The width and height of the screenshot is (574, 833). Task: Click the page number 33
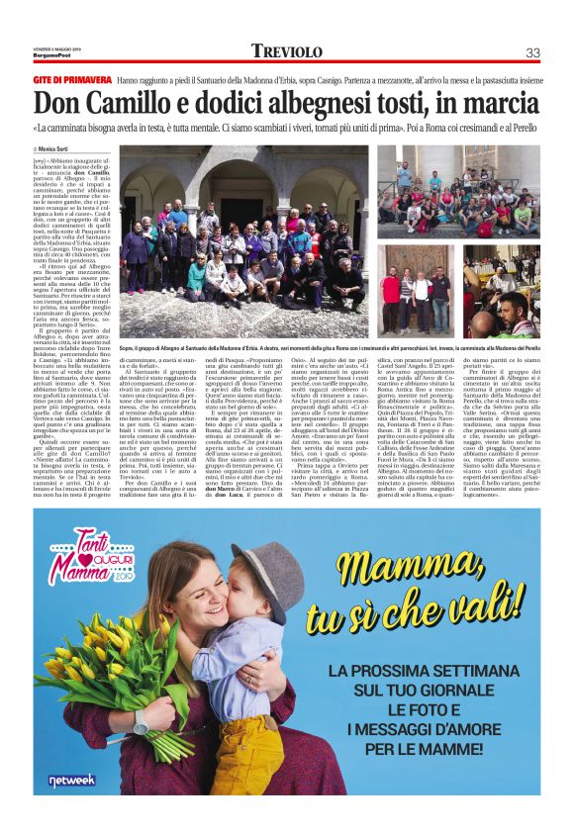(x=532, y=51)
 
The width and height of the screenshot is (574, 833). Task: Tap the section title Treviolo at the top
(x=287, y=51)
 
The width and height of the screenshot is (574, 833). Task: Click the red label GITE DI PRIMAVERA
(x=71, y=79)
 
